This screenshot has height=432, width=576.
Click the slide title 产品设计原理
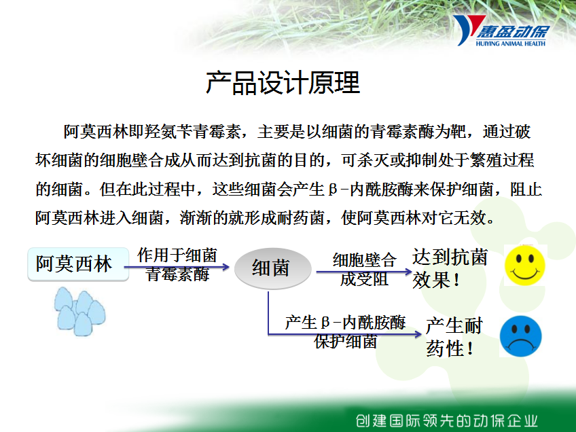point(283,83)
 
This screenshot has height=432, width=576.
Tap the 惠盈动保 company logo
point(501,31)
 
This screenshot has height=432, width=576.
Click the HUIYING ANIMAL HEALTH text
point(511,43)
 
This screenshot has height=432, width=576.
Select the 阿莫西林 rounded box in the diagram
point(78,264)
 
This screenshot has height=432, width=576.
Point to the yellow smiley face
point(524,265)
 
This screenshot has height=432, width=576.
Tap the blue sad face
point(520,336)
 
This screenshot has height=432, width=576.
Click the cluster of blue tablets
point(79,312)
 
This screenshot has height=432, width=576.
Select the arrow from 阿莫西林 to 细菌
point(177,267)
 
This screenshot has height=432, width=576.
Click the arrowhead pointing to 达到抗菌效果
point(408,272)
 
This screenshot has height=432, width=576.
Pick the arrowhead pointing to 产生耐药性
point(418,334)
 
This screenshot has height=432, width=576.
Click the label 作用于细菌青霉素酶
point(177,264)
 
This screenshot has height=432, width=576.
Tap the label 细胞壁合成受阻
point(364,269)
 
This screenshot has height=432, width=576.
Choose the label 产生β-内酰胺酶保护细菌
point(345,331)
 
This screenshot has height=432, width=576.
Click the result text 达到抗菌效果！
point(450,268)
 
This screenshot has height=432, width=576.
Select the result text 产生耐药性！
point(454,337)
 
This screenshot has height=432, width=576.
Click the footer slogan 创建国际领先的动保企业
point(446,420)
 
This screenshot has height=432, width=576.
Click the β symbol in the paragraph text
point(333,190)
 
